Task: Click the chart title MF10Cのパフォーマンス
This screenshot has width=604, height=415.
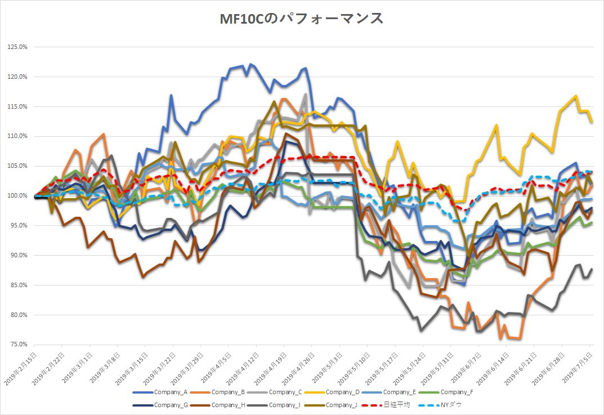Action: (x=302, y=19)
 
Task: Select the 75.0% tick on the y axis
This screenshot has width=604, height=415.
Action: (x=18, y=345)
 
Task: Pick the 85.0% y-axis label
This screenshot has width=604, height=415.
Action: (x=18, y=285)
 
